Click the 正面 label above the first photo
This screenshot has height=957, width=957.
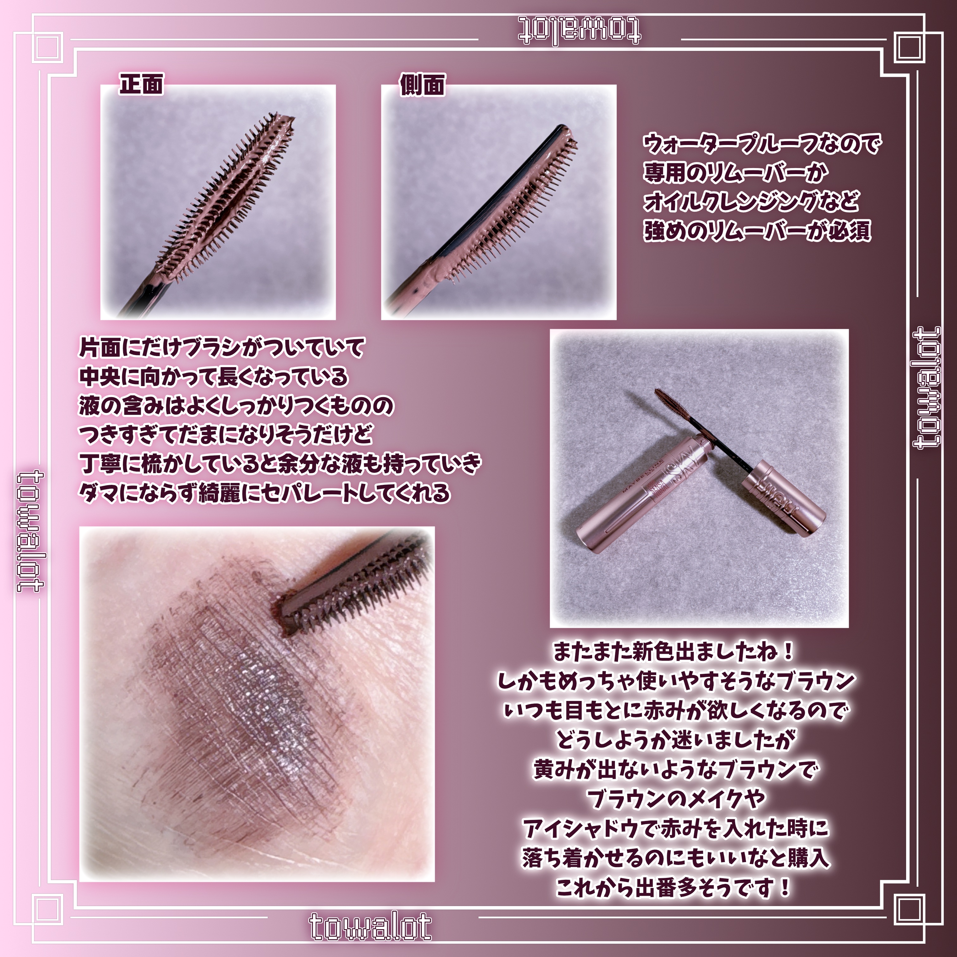pyautogui.click(x=141, y=84)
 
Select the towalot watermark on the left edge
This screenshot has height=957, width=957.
pyautogui.click(x=31, y=531)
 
